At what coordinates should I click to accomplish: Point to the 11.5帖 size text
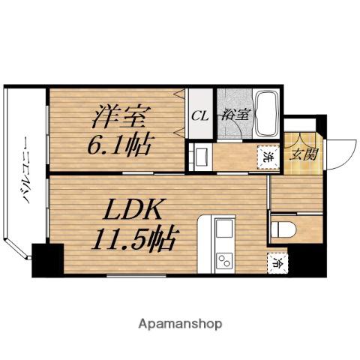(135, 238)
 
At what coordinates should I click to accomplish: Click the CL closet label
(200, 116)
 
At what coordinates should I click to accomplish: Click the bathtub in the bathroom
(266, 114)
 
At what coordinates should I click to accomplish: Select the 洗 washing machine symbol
(268, 158)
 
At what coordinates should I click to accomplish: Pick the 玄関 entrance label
(304, 154)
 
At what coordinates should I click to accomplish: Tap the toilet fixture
(283, 229)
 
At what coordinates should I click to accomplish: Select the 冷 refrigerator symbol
(277, 262)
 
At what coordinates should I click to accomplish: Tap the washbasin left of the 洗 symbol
(201, 157)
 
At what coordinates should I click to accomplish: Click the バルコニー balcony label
(27, 169)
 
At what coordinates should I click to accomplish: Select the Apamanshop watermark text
(180, 325)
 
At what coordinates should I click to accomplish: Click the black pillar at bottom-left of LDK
(48, 260)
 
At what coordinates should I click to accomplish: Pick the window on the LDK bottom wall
(136, 276)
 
